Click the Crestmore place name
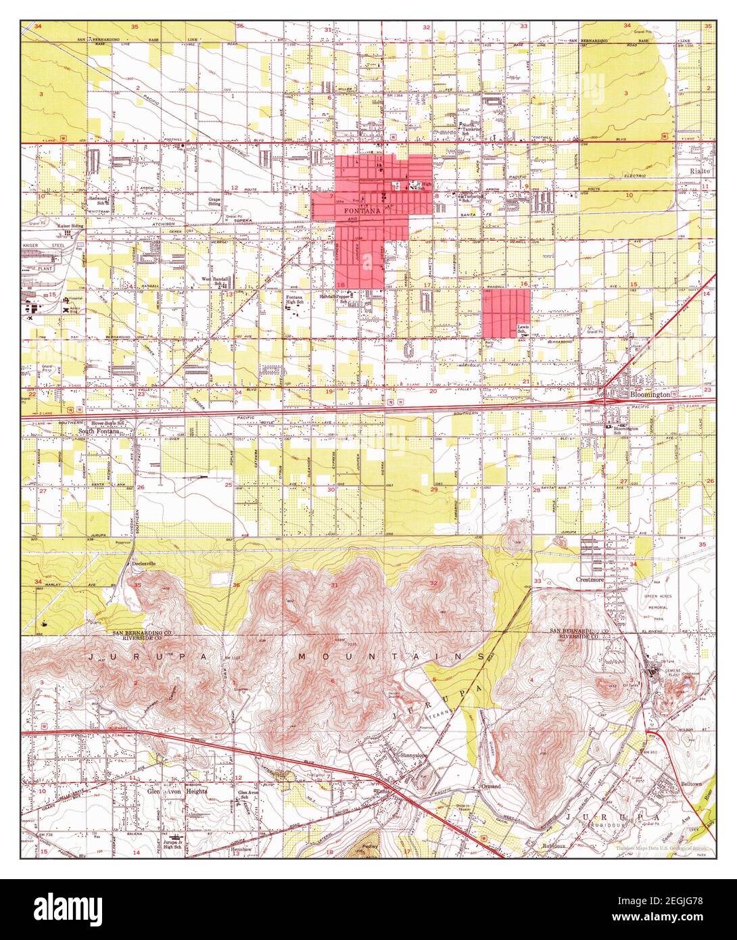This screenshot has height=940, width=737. coord(588,580)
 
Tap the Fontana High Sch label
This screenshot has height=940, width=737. coord(293,300)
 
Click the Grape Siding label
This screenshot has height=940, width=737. coord(215,202)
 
